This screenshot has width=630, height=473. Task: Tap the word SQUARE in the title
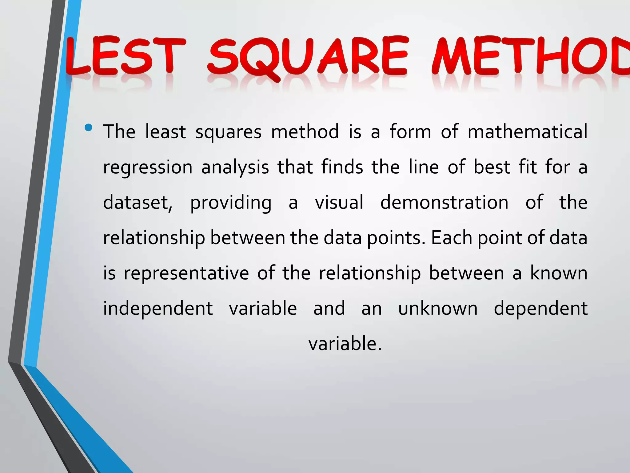308,57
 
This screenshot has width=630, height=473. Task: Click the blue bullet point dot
89,127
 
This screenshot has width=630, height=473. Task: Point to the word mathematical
527,132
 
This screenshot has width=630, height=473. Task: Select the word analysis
235,167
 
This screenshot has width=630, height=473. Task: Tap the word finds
342,167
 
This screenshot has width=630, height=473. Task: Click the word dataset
138,203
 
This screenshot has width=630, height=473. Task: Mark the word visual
339,203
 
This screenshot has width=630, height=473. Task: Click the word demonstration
444,203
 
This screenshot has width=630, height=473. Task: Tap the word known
559,273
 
